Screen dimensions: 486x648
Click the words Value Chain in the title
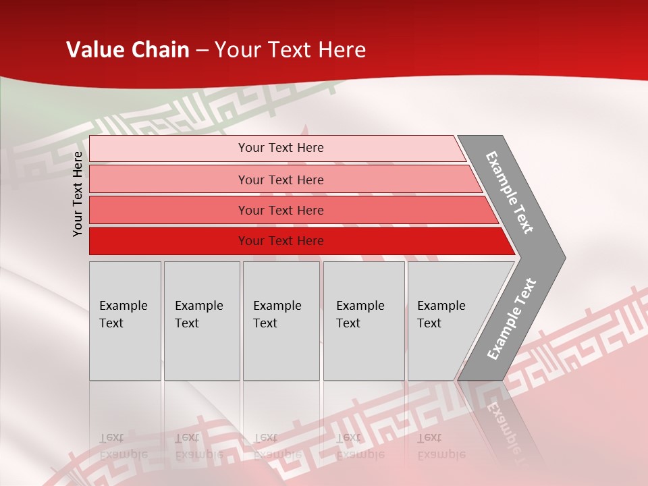[128, 50]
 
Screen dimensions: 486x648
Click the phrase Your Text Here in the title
[290, 50]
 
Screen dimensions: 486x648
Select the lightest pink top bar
[169, 148]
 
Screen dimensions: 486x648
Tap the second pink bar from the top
[169, 180]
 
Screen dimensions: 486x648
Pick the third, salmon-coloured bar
[169, 210]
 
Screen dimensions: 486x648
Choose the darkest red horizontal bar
[169, 241]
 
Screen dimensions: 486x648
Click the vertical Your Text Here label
[78, 194]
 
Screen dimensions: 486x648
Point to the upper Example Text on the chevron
[510, 192]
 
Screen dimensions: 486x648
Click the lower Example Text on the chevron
[512, 319]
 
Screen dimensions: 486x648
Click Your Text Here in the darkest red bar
[281, 241]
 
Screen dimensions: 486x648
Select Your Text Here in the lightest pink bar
[281, 148]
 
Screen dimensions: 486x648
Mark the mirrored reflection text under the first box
[123, 446]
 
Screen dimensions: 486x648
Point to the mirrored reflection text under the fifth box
[441, 446]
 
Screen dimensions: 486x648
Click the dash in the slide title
[202, 51]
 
